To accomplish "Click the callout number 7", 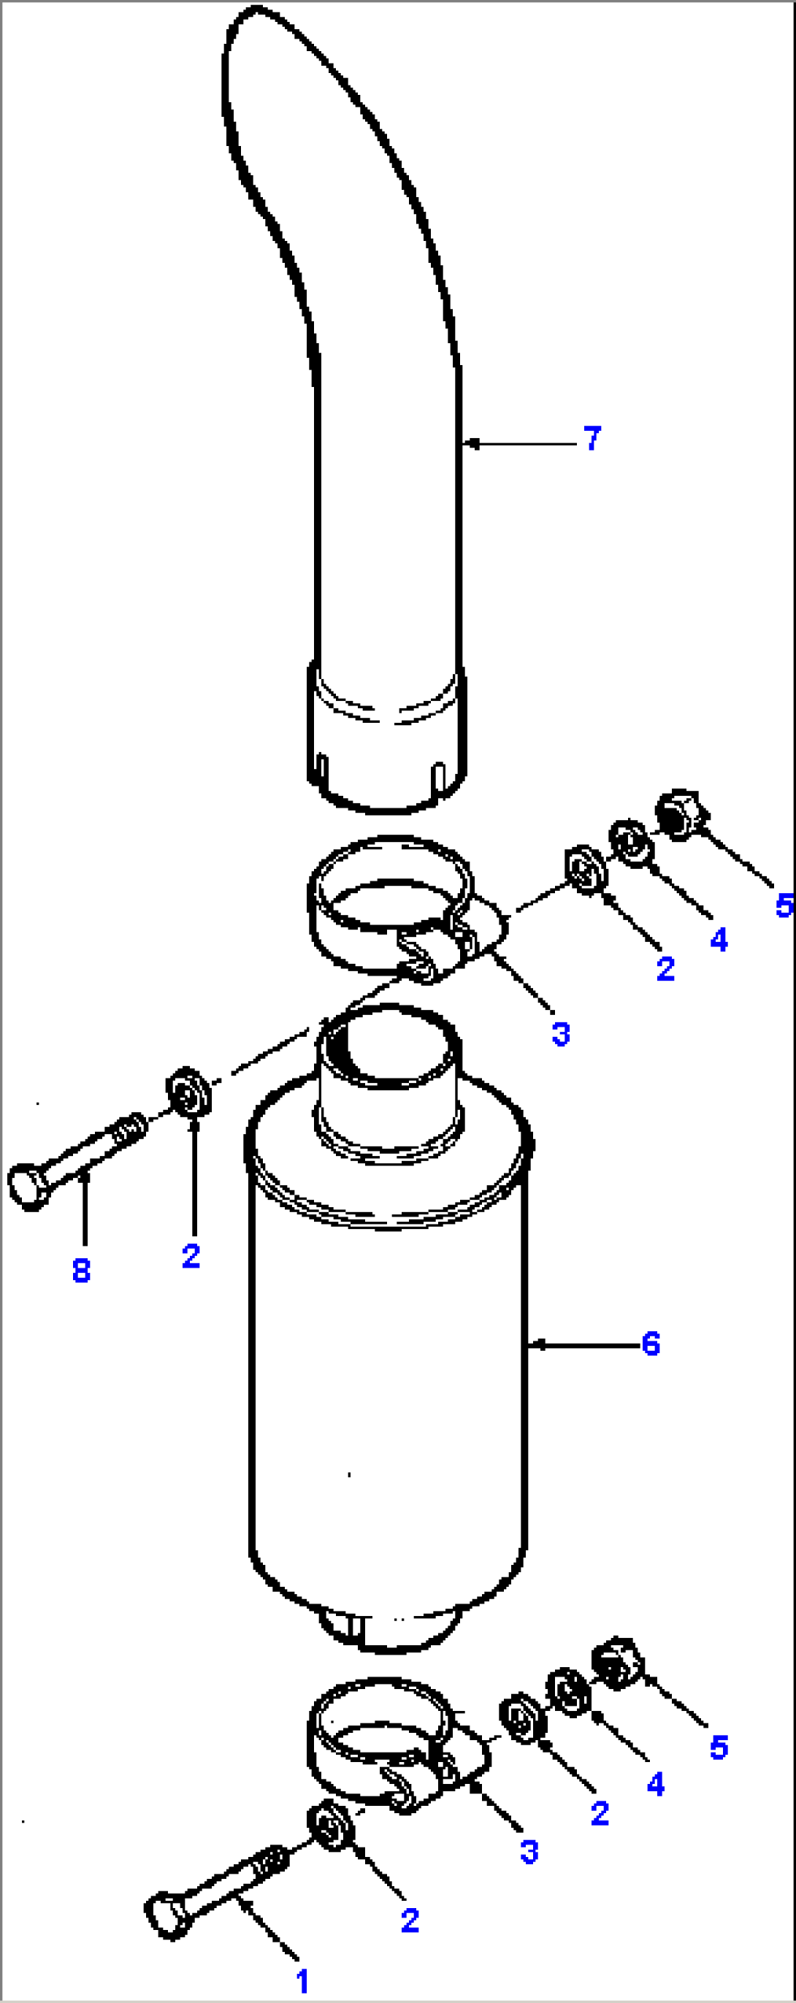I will point(592,439).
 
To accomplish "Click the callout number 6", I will point(651,1344).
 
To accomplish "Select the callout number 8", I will point(81,1271).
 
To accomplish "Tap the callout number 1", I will point(302,1982).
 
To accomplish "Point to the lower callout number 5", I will point(719,1747).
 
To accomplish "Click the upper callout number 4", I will point(719,940).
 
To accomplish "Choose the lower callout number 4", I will point(655,1784).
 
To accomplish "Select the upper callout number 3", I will point(560,1034).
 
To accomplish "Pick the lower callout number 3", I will point(529,1852).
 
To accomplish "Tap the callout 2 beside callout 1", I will point(410,1920).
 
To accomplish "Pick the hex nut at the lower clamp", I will point(618,1663).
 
